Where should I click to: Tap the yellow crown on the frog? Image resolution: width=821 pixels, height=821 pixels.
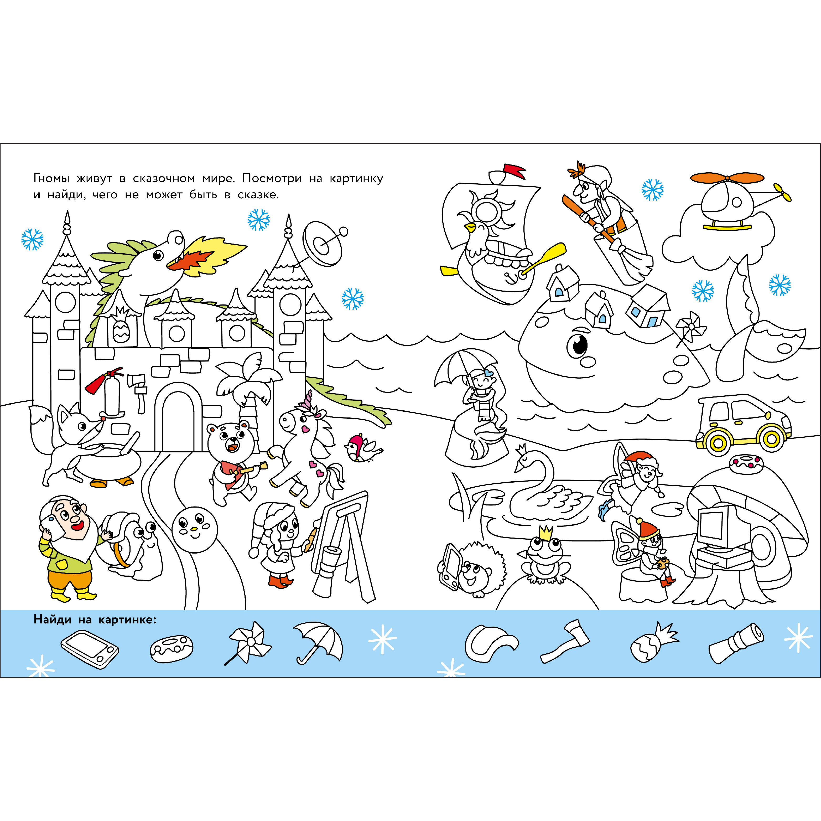pyautogui.click(x=545, y=532)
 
